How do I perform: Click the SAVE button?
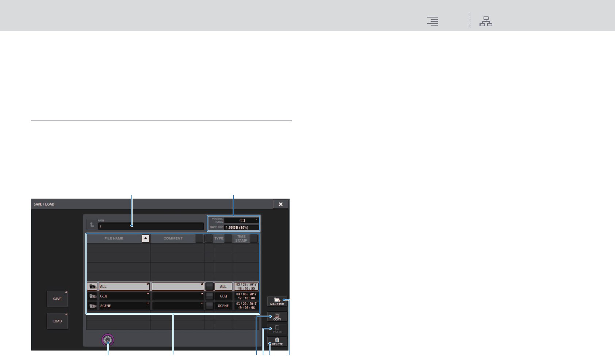click(x=57, y=299)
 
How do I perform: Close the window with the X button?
click(x=280, y=204)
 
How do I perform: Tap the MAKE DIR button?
click(x=277, y=302)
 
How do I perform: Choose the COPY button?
click(x=277, y=317)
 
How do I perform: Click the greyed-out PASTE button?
click(x=277, y=329)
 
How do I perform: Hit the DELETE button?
click(x=277, y=342)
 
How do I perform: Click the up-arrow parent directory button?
click(x=92, y=225)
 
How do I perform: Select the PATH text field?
click(x=151, y=226)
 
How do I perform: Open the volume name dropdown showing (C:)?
click(x=241, y=220)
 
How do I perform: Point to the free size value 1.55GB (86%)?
click(x=241, y=227)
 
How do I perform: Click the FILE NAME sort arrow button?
click(x=146, y=238)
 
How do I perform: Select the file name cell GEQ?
click(x=124, y=296)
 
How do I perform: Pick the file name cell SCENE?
click(x=124, y=306)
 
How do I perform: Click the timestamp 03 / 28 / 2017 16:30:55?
click(x=246, y=287)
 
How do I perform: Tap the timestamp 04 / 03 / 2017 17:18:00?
click(x=246, y=296)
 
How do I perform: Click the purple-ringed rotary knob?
click(x=108, y=340)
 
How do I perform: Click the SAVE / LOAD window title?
click(x=44, y=204)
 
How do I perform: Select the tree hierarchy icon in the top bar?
click(x=486, y=21)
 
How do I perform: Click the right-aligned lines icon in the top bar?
click(x=433, y=21)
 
